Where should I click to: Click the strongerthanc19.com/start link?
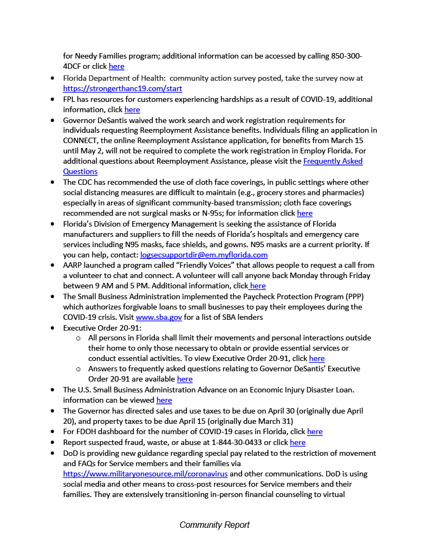click(x=122, y=88)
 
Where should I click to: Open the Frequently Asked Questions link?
click(x=333, y=161)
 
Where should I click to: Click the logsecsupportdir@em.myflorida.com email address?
click(x=204, y=255)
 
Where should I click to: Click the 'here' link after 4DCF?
click(x=116, y=67)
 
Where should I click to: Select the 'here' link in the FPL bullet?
click(x=132, y=109)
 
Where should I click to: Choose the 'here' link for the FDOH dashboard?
click(x=315, y=431)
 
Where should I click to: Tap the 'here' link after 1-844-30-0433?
click(x=297, y=442)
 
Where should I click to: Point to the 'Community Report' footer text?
click(x=214, y=525)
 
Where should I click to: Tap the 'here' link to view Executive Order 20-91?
click(x=316, y=358)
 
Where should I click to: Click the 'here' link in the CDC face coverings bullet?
click(x=304, y=213)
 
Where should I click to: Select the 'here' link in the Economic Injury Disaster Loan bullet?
click(x=164, y=400)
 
